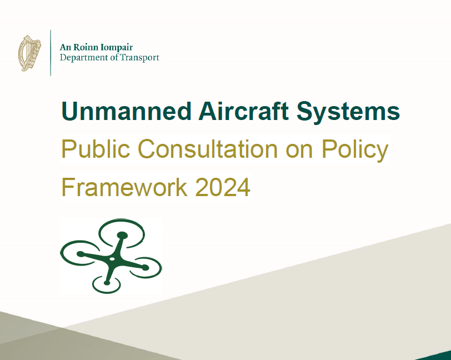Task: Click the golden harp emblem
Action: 29,53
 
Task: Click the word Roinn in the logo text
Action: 83,47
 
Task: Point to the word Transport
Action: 139,58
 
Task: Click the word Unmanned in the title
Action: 126,111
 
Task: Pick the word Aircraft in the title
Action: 243,111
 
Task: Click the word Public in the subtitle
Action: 96,148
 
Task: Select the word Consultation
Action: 208,148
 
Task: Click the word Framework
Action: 124,187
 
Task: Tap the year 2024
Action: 222,187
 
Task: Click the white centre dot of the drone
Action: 112,259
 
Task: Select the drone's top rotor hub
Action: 122,235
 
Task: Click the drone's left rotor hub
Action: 81,254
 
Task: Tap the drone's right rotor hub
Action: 146,268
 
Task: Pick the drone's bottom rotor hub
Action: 107,283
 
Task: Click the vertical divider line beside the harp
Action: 51,53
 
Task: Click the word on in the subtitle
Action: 299,151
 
